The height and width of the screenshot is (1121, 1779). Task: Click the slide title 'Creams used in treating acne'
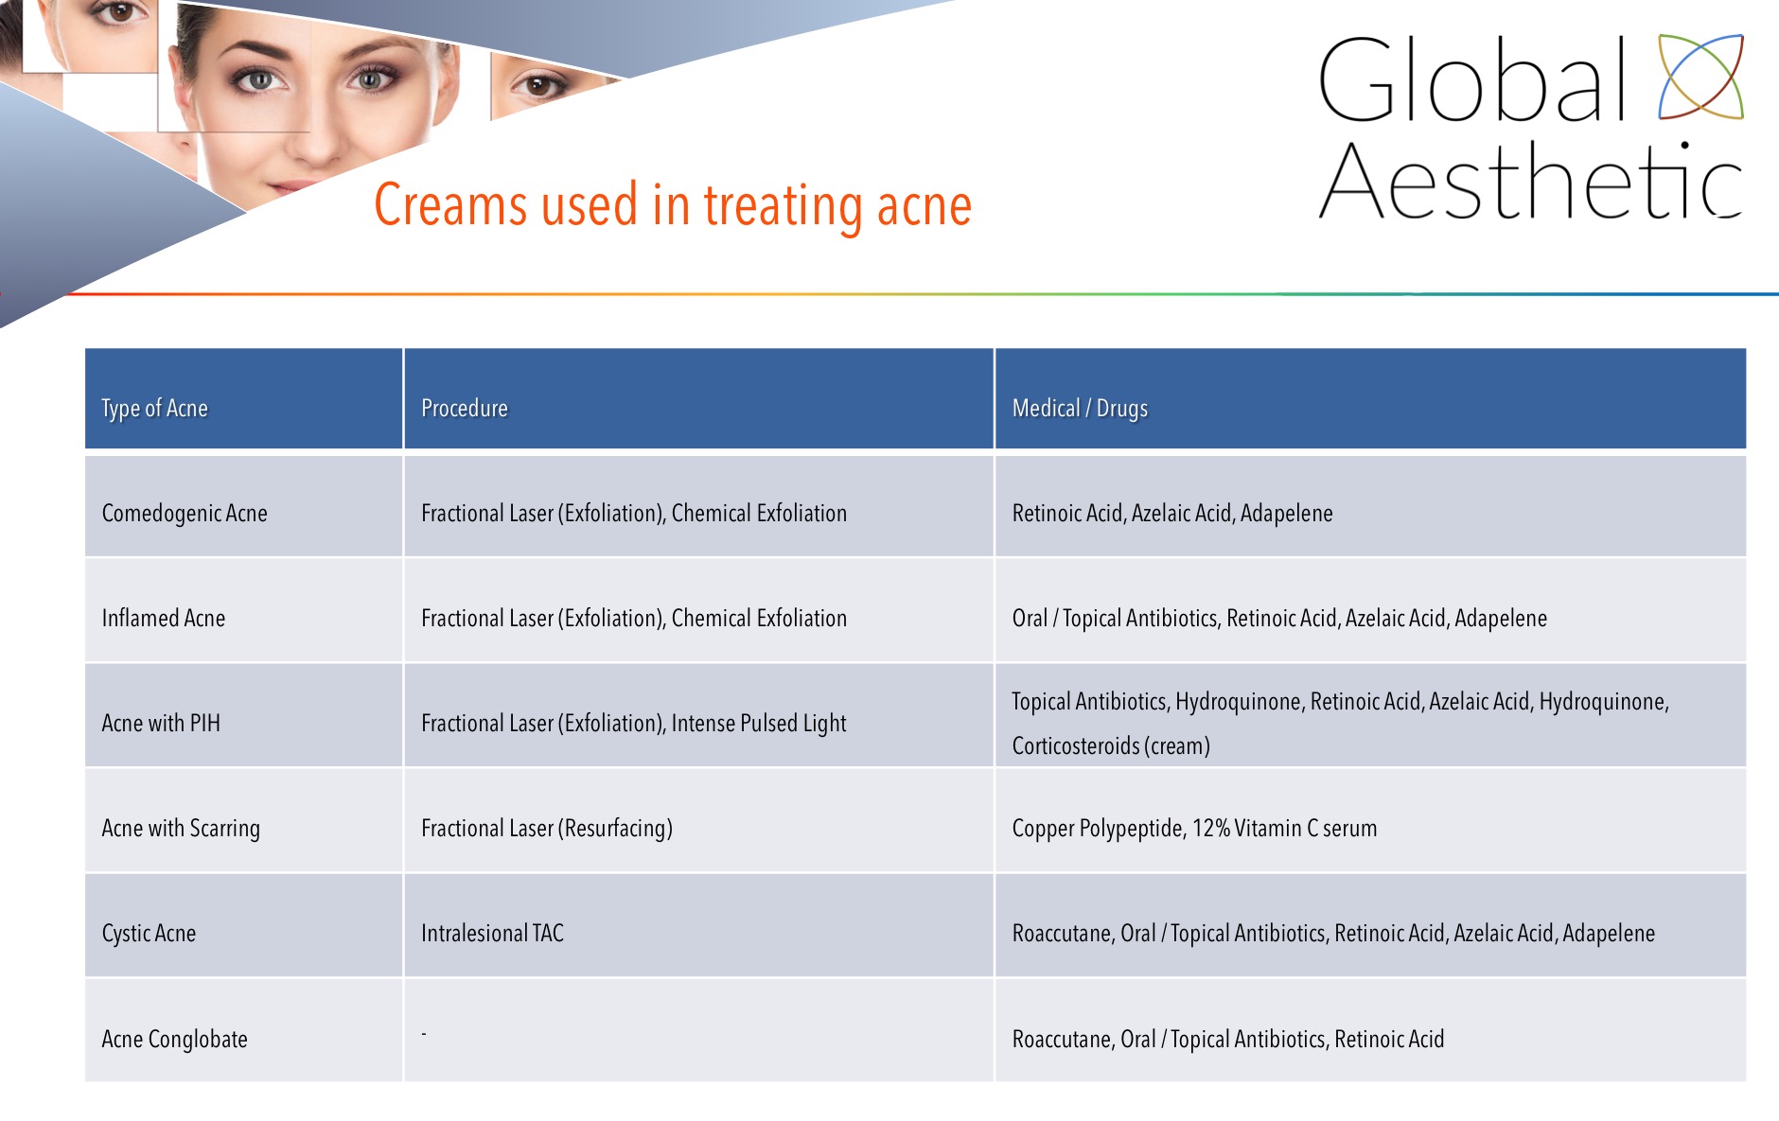click(x=673, y=204)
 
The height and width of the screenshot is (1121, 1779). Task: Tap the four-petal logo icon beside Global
click(x=1700, y=77)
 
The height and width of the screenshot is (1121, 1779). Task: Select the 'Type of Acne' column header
click(x=154, y=409)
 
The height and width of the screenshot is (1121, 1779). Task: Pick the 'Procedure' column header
click(x=464, y=408)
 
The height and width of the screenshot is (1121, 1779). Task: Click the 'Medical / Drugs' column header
click(x=1080, y=408)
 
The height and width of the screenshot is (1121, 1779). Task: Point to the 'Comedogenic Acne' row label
click(x=185, y=514)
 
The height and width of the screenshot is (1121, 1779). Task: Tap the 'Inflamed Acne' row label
click(x=164, y=618)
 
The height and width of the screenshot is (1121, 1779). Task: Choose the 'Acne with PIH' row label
click(x=161, y=723)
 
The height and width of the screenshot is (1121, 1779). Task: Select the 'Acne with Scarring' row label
click(x=181, y=829)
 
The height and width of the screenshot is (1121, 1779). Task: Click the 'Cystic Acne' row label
click(x=149, y=934)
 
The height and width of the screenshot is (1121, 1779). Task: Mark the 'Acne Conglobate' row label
click(x=174, y=1039)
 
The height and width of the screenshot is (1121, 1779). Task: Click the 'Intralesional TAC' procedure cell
click(x=492, y=934)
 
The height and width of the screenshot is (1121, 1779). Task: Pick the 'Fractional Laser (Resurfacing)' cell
click(x=547, y=829)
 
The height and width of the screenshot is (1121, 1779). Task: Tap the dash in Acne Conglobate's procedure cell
click(x=424, y=1034)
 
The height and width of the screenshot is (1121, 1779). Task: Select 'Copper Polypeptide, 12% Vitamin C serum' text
click(x=1194, y=829)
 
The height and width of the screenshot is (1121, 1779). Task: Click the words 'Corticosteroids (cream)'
click(x=1111, y=746)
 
